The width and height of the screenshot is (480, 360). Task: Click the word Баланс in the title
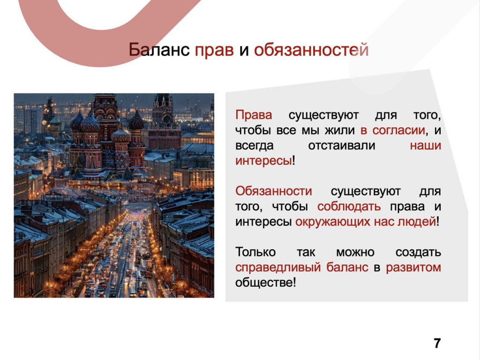point(159,50)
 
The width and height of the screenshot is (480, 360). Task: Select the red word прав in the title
point(214,51)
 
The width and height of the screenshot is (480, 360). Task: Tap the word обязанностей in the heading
point(311,50)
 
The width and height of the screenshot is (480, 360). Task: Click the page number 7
point(437,343)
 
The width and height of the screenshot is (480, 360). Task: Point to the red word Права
point(254,115)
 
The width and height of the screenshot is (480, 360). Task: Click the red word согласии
point(399,131)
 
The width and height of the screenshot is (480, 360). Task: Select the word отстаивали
point(342,145)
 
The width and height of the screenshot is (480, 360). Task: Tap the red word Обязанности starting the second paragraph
point(274,191)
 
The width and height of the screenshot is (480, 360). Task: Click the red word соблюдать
point(349,207)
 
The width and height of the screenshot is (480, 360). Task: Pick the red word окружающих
point(333,222)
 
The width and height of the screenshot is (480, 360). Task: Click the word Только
point(255,252)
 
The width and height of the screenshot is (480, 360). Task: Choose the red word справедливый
point(278,267)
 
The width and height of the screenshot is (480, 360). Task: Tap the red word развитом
point(413,267)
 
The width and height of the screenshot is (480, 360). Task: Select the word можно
point(355,253)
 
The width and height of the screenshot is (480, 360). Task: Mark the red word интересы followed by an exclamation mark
point(263,161)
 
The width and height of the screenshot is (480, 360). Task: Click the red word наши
point(426,146)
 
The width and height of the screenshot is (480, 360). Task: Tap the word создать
point(418,253)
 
